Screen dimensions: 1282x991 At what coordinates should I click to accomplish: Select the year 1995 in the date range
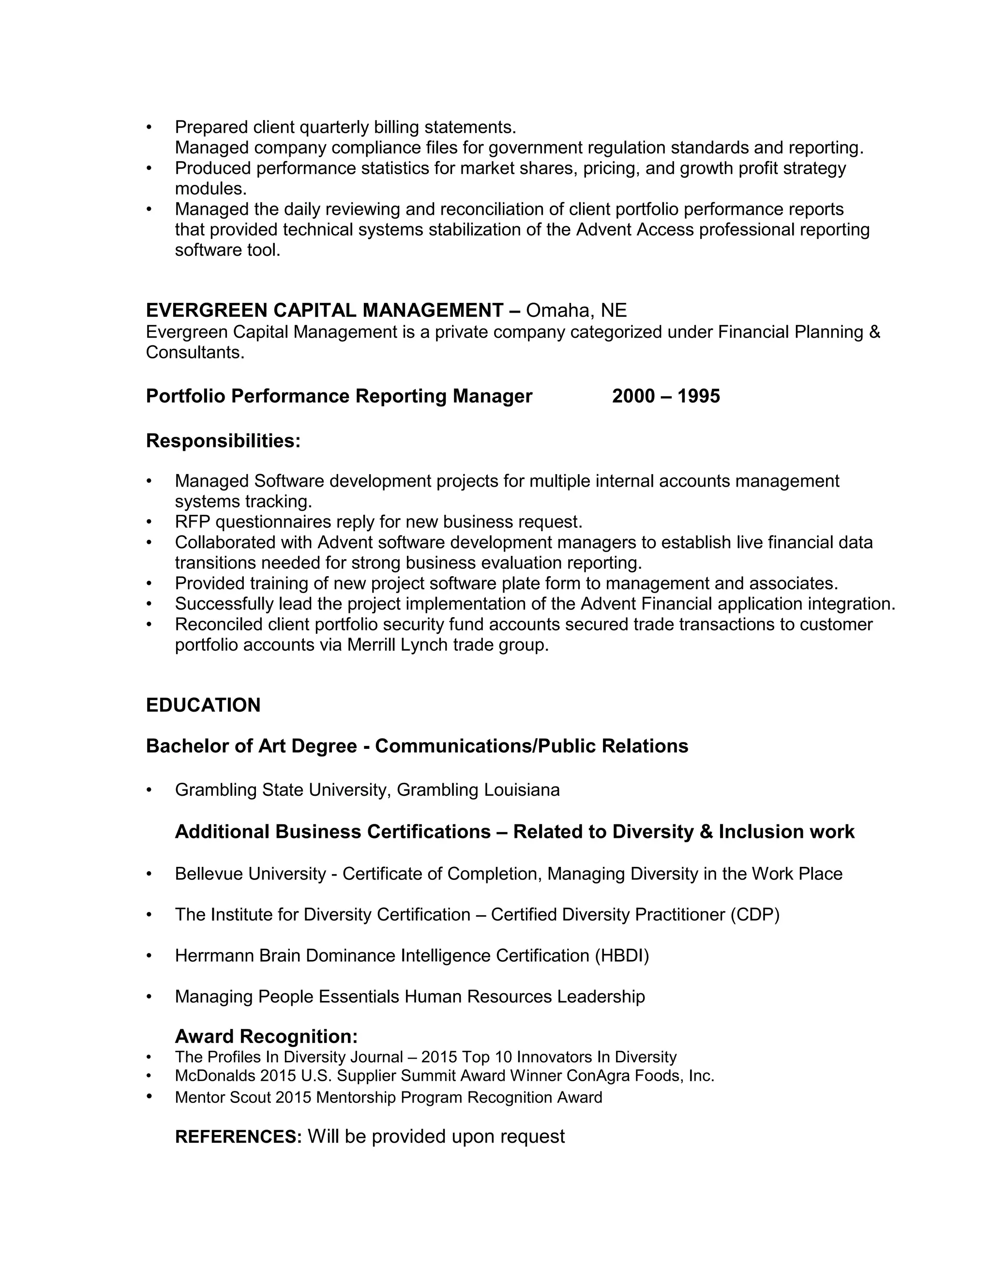(699, 396)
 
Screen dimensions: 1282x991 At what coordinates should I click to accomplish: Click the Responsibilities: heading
(223, 440)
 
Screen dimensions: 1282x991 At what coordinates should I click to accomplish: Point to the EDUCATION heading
(203, 705)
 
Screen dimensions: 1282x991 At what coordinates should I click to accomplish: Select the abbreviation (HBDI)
(622, 955)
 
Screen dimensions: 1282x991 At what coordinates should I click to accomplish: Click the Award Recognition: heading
(266, 1036)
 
